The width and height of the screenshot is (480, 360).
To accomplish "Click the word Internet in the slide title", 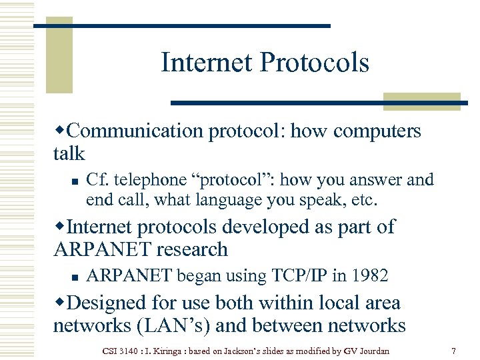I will coord(207,63).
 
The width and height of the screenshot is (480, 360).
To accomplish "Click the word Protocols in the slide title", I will coord(314,63).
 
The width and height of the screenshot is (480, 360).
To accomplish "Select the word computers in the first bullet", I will coord(377,131).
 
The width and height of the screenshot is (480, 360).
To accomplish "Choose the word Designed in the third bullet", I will coord(107,303).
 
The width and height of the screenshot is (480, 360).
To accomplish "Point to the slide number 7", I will coord(453,350).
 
